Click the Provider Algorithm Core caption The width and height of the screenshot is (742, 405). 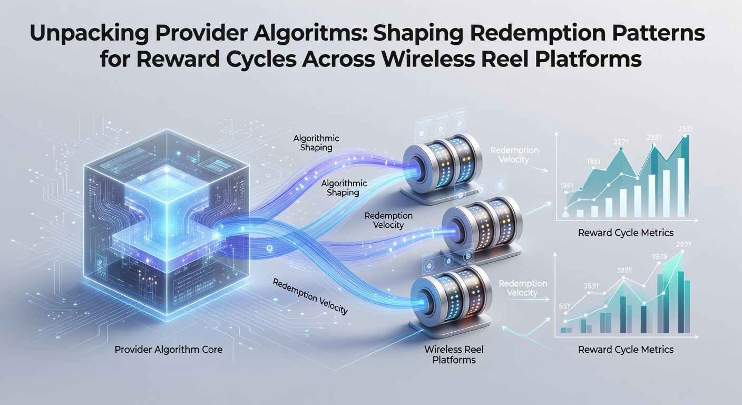tap(168, 349)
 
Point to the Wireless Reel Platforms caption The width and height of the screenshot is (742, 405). tap(454, 354)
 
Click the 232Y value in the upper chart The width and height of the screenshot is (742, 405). tap(686, 129)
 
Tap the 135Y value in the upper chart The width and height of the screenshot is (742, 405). tap(593, 161)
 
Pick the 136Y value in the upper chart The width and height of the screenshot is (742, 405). tap(567, 185)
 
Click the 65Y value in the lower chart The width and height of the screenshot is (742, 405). tap(565, 306)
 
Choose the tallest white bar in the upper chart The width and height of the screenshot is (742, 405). tap(681, 188)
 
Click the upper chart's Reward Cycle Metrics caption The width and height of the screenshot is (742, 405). tap(626, 233)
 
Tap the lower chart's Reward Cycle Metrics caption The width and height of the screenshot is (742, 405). tap(626, 349)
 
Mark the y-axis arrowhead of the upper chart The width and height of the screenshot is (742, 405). tap(556, 134)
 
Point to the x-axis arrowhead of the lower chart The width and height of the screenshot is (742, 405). tap(696, 337)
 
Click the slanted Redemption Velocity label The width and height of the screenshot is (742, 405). tap(310, 296)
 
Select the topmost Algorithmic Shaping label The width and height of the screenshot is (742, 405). tap(316, 143)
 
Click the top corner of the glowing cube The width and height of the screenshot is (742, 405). tap(167, 129)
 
